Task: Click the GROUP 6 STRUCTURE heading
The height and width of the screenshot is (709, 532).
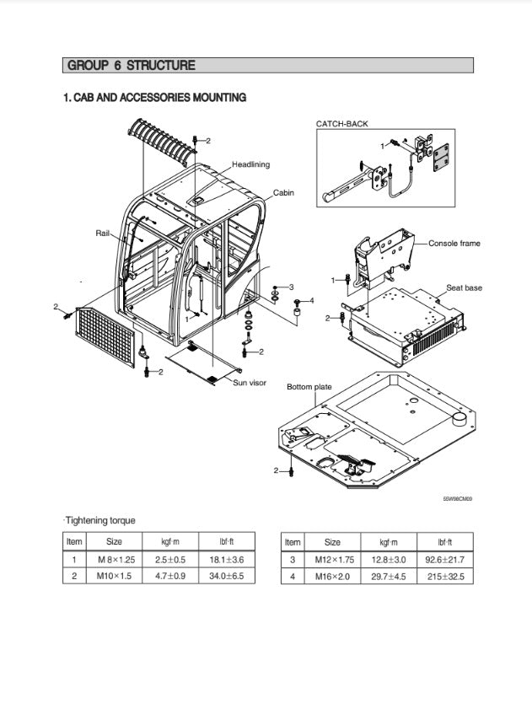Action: tap(131, 66)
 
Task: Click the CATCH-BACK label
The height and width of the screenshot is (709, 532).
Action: tap(341, 124)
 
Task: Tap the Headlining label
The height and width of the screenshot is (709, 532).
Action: tap(250, 164)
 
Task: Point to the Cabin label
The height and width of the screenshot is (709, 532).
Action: tap(283, 193)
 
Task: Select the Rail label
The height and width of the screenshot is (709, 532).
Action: tap(103, 232)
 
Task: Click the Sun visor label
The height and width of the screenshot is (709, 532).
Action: tap(249, 383)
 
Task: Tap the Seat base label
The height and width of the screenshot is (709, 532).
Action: tap(464, 288)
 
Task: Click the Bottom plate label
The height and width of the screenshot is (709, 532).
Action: tap(309, 387)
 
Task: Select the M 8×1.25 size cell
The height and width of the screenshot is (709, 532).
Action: tap(114, 560)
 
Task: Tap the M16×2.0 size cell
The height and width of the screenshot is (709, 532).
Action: tap(332, 577)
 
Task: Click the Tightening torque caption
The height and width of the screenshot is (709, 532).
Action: tap(99, 521)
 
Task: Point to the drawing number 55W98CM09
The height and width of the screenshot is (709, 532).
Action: tap(458, 499)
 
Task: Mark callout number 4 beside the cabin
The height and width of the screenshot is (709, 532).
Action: tap(311, 300)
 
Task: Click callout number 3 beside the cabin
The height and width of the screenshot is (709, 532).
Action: tap(292, 287)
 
